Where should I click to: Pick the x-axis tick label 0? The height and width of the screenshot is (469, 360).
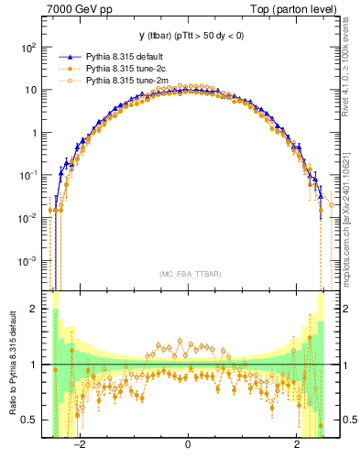tap(188, 446)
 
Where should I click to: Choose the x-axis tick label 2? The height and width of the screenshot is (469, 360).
tap(297, 446)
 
